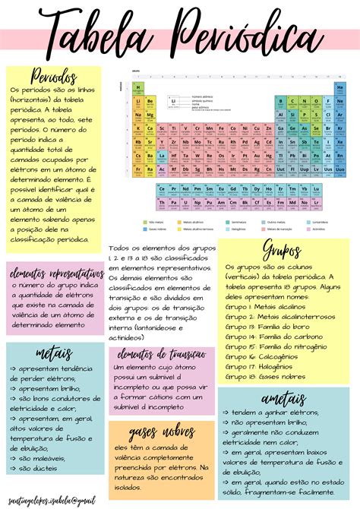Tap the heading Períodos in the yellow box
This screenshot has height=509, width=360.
pos(53,77)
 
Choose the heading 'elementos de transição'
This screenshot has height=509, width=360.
pos(162,355)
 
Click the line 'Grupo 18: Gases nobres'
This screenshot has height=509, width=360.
pos(266,376)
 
